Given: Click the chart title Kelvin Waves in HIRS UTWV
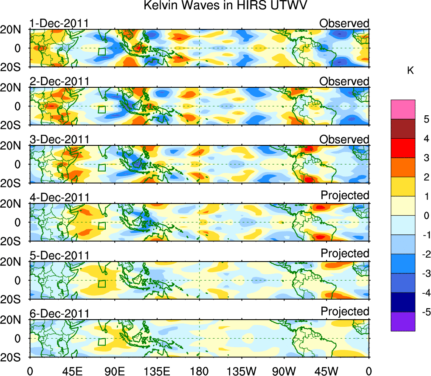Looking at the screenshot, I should point(225,6).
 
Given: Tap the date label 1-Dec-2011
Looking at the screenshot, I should point(59,23).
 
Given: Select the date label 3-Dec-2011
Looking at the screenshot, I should point(59,139).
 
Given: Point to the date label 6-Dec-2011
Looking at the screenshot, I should point(59,314).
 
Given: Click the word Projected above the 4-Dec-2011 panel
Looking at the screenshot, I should point(345,195).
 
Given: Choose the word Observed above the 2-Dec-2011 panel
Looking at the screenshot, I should point(344,81).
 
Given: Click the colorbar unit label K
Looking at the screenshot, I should point(410,71).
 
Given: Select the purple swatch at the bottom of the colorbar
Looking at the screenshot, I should point(403,321).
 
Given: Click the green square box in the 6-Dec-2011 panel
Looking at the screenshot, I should point(101,342).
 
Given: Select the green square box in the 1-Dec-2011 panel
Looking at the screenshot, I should point(101,51).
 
